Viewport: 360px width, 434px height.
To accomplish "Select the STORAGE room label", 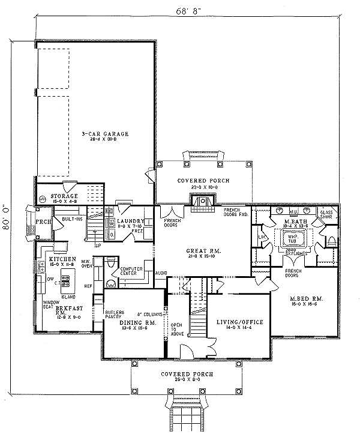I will coord(64,196).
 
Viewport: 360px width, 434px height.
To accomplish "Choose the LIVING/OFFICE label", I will coord(236,322).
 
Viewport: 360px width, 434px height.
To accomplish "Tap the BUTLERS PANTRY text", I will coord(115,315).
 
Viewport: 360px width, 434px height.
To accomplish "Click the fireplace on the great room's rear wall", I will coord(202,203).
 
